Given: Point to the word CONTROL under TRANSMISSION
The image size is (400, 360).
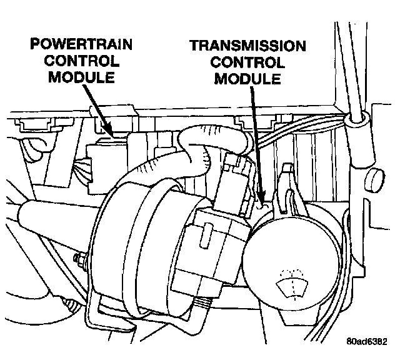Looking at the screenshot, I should point(248,64).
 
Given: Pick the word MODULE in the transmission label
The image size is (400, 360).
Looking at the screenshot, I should point(248,80).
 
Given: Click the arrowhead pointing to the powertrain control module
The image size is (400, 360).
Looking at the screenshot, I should point(112,132).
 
